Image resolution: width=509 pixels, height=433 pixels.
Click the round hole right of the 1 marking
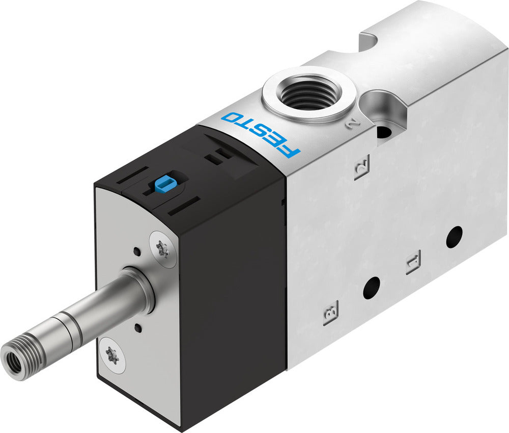pyautogui.click(x=454, y=237)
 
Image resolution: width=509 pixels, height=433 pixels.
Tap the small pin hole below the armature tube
pyautogui.click(x=137, y=324)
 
